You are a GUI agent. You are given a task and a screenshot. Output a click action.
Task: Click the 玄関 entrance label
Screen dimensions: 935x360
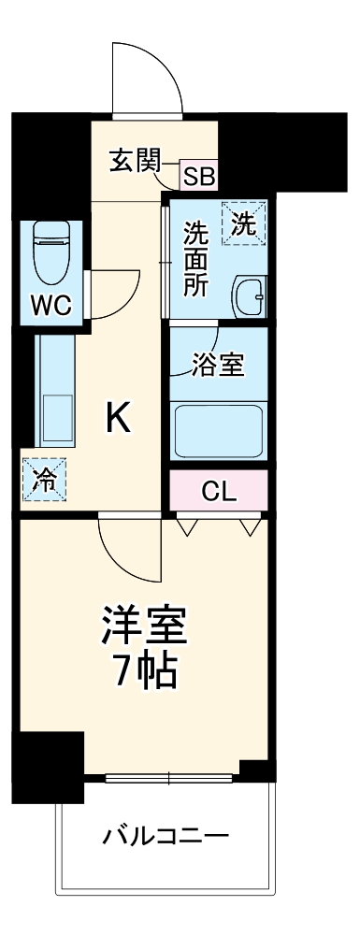tap(135, 159)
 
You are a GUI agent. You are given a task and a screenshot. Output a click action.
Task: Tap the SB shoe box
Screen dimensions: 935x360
tap(198, 175)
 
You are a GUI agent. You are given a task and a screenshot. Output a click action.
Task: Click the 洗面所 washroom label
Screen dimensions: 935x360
tap(194, 259)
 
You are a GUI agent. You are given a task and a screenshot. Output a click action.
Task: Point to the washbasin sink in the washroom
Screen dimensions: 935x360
tap(248, 297)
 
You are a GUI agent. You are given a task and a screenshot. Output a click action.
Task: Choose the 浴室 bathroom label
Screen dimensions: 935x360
tap(219, 365)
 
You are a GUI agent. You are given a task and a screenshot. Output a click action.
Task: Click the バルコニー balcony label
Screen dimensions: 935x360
tap(166, 834)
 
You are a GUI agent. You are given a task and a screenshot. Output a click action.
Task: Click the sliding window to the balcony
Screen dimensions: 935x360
tap(168, 777)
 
